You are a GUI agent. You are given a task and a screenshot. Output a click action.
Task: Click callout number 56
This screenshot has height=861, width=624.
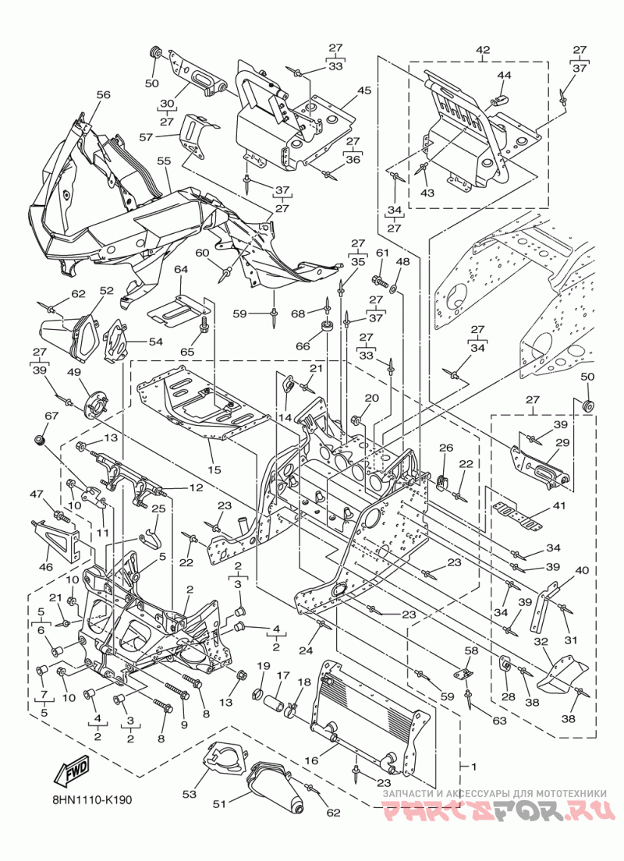[103, 95]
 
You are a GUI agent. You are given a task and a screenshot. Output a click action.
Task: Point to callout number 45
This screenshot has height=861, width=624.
[364, 90]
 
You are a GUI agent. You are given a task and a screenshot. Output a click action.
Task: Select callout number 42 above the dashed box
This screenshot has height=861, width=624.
[482, 50]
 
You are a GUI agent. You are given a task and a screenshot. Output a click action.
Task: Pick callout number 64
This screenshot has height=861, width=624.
[181, 269]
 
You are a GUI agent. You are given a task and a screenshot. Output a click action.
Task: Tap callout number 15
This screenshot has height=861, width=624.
[214, 469]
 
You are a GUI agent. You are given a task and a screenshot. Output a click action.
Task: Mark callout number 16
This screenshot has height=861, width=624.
[311, 760]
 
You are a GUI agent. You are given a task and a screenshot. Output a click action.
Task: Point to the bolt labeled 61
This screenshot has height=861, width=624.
[381, 280]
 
